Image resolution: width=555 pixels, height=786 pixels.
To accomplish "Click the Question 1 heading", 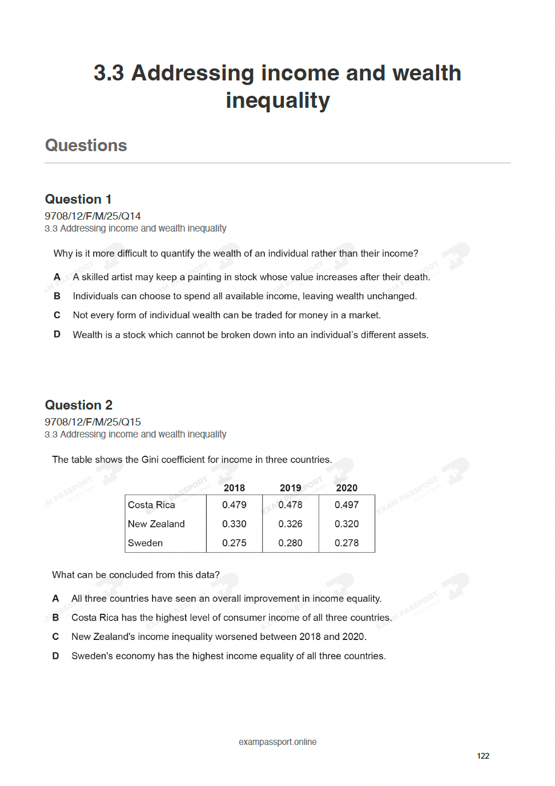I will [x=78, y=199].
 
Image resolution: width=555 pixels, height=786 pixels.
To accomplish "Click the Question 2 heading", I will [x=79, y=405].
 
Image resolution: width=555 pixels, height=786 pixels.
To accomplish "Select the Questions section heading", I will [x=86, y=145].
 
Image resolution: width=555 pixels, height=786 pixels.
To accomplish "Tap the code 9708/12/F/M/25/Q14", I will [x=92, y=216].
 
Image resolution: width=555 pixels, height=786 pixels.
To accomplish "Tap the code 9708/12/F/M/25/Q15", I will [x=92, y=422].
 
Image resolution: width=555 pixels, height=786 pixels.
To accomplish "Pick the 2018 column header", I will [x=234, y=488].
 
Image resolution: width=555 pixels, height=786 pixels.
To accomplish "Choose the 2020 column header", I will [x=347, y=488].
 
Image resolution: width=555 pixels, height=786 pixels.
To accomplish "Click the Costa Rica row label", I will [x=151, y=505].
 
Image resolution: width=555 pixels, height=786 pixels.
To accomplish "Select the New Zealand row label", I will [x=156, y=524].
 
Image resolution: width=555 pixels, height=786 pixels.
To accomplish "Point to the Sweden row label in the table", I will [x=145, y=543].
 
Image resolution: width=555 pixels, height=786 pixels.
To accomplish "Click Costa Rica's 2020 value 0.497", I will [x=347, y=505].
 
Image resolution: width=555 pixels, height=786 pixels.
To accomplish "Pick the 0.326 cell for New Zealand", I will [x=290, y=524].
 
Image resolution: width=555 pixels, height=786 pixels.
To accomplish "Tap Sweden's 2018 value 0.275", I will [x=234, y=543].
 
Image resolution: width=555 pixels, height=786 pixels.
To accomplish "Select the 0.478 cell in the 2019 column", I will [x=290, y=505].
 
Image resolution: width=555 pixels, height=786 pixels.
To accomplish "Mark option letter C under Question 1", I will [x=57, y=315].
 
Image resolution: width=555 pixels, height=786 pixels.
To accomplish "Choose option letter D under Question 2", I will [x=55, y=656].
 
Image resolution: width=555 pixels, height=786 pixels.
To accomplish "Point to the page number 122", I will [x=483, y=756].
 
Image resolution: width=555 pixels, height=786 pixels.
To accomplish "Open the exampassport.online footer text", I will [x=277, y=742].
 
